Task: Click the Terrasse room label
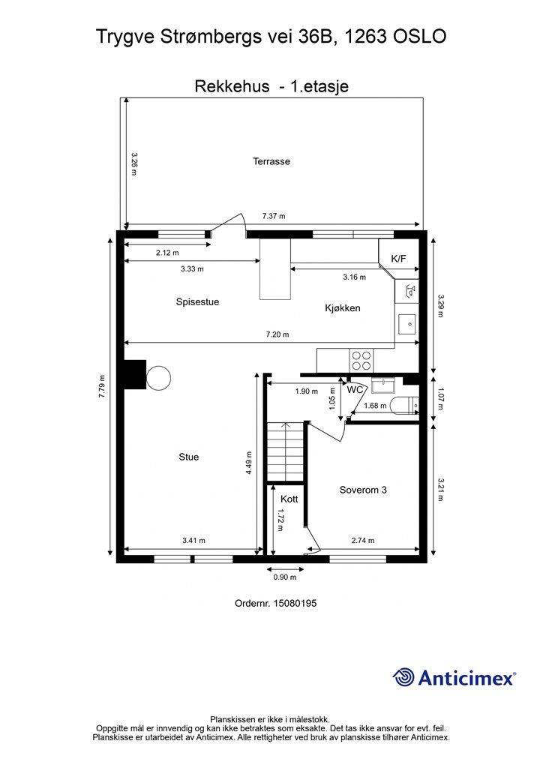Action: [x=271, y=161]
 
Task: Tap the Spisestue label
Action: [x=197, y=301]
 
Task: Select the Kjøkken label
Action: [x=343, y=308]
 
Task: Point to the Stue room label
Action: [x=188, y=457]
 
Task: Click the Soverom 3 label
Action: [x=363, y=490]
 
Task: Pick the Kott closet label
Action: [x=289, y=499]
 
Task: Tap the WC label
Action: [x=355, y=390]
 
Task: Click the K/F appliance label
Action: [x=398, y=259]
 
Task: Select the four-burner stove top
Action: [x=361, y=361]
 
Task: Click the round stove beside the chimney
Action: [x=158, y=378]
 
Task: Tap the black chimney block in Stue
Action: [x=135, y=375]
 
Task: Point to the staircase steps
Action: [x=286, y=452]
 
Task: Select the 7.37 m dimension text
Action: [x=274, y=216]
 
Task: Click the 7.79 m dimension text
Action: [x=102, y=386]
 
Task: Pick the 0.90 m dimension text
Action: [x=285, y=577]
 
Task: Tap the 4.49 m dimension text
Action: [x=249, y=463]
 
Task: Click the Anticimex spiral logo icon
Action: [x=403, y=677]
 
